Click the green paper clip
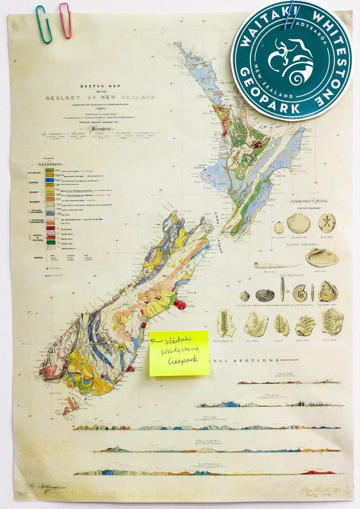click(43, 24)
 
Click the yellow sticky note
click(179, 353)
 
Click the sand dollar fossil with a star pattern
click(326, 223)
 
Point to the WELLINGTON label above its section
click(206, 441)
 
